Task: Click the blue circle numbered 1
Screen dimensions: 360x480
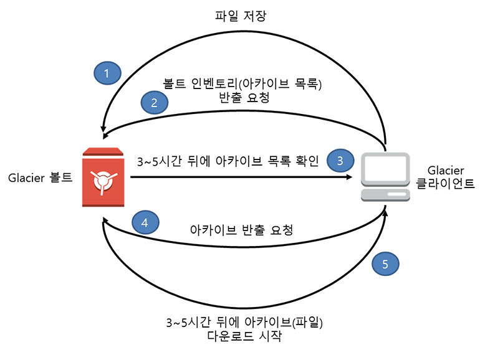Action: coord(107,74)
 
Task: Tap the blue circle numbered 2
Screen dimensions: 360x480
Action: coord(155,103)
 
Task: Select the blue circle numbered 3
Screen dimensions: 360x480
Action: coord(340,160)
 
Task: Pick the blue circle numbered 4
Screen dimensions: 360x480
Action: coord(145,222)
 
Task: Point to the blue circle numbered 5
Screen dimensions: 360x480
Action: coord(385,264)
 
